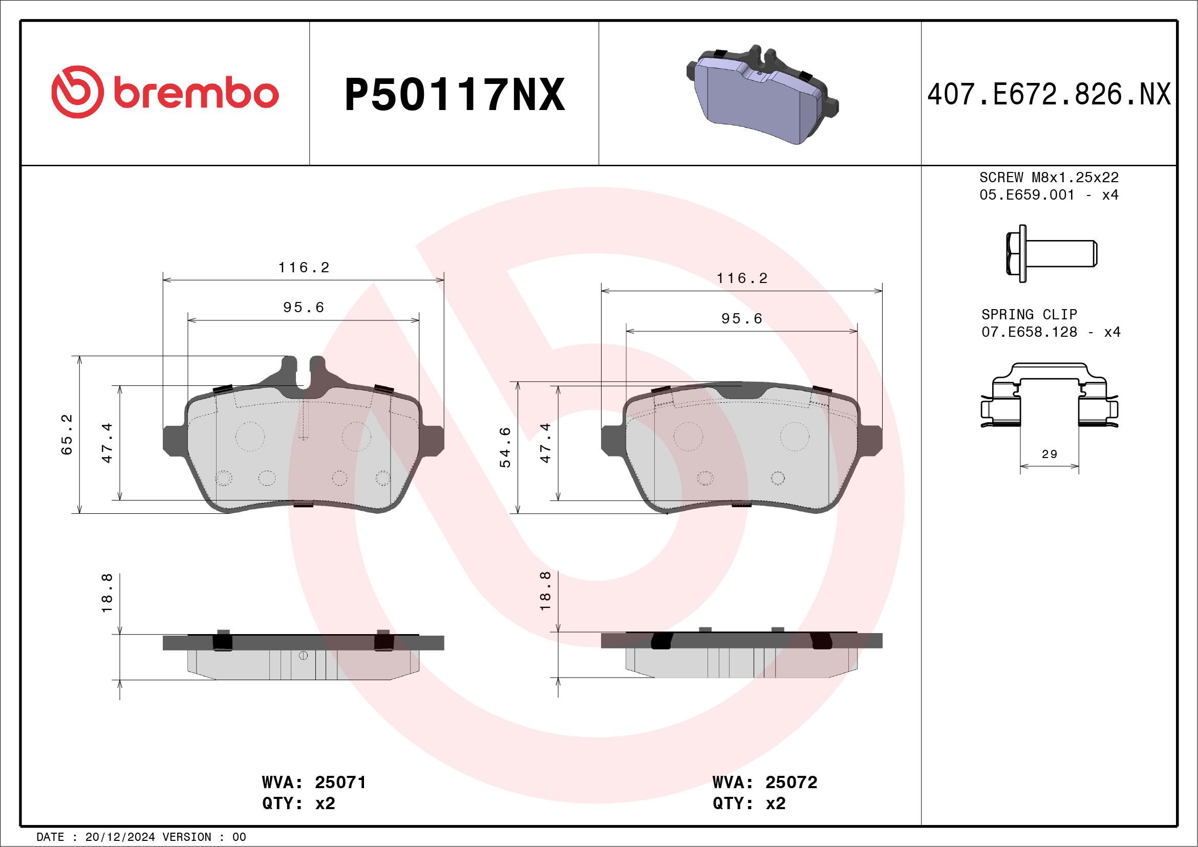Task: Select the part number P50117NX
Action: (455, 94)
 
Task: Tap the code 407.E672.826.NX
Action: (1049, 94)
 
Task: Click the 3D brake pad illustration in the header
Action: (762, 94)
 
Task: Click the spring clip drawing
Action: (1050, 395)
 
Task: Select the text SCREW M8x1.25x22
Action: (1049, 177)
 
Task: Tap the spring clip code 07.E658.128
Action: (1029, 332)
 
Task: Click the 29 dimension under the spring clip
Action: (1050, 454)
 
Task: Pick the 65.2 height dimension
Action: (67, 434)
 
